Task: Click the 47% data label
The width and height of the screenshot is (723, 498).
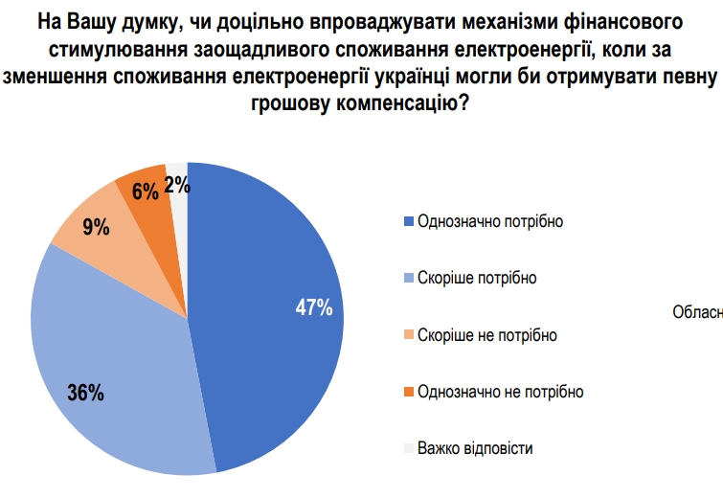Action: [313, 307]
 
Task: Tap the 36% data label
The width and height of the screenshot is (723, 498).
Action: [85, 392]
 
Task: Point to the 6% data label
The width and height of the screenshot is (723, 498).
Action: [146, 192]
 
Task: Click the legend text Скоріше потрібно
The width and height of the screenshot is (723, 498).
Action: [477, 278]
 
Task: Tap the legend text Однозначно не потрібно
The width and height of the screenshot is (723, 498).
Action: [500, 392]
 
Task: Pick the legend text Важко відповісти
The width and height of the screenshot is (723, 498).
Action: [475, 448]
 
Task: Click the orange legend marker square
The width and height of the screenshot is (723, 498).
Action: [409, 392]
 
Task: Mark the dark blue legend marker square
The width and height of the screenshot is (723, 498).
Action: [409, 221]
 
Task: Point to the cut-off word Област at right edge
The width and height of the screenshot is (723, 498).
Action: [698, 311]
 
